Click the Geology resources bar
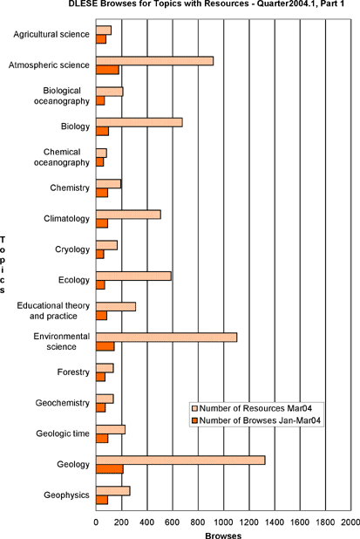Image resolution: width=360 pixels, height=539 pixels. click(180, 461)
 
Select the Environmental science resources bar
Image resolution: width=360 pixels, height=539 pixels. click(166, 338)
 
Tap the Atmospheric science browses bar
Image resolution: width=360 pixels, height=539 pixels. click(107, 70)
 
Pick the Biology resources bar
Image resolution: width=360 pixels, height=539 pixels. click(139, 122)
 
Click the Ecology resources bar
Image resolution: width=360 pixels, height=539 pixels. click(133, 276)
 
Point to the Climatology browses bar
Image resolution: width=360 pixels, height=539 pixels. click(102, 223)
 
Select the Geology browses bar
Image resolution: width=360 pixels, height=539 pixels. click(110, 469)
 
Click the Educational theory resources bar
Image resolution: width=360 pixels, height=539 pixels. click(116, 307)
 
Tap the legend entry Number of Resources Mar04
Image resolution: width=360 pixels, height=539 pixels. click(255, 408)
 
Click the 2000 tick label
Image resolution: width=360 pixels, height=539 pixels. click(351, 522)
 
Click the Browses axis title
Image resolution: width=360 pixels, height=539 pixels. click(223, 536)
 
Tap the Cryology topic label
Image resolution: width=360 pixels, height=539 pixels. click(72, 249)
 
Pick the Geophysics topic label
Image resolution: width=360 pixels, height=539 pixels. click(66, 495)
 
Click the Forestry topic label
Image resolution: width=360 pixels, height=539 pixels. click(73, 372)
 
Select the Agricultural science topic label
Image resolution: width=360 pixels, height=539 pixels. click(51, 34)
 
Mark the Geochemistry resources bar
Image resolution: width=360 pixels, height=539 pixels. click(105, 399)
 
